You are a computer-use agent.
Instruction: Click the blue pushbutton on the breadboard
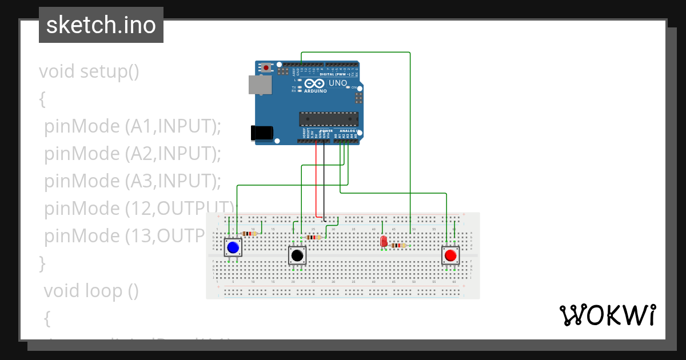click(233, 248)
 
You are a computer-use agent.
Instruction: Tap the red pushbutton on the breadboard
click(450, 255)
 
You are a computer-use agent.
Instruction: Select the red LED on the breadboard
click(384, 241)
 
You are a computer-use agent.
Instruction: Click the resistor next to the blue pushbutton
click(249, 233)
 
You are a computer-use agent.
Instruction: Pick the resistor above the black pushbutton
click(313, 237)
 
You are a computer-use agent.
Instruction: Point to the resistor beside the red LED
click(398, 245)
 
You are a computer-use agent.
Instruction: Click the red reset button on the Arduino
click(266, 67)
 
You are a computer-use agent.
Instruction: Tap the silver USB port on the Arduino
click(260, 85)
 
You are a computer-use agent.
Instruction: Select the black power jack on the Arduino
click(262, 133)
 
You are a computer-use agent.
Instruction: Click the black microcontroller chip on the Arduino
click(329, 119)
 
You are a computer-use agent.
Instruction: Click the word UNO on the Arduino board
click(338, 83)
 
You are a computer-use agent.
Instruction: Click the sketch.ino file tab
click(101, 25)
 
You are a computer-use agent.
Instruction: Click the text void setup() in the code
click(89, 71)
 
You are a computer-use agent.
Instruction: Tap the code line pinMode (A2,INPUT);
click(132, 153)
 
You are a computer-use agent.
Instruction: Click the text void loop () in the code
click(91, 290)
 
